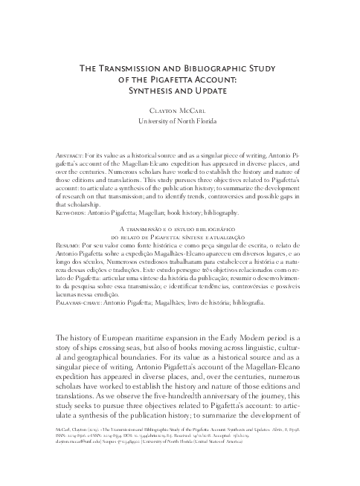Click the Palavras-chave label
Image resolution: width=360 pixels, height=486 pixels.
click(83, 302)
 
